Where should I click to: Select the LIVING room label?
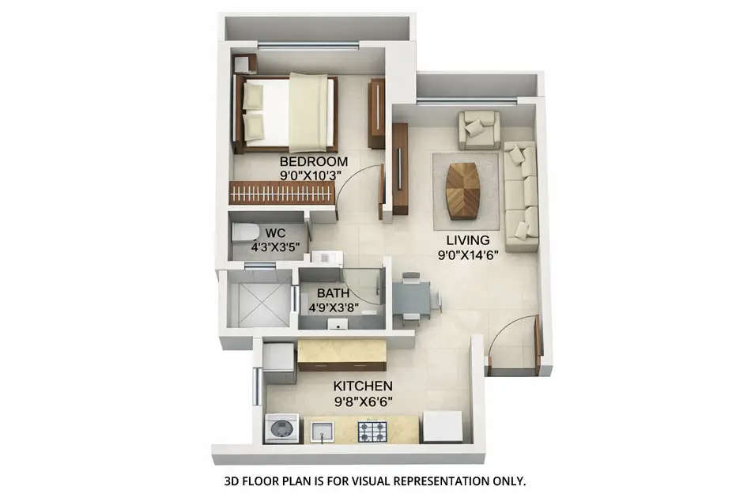point(468,239)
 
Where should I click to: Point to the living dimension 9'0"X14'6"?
point(468,255)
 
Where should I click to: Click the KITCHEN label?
point(363,387)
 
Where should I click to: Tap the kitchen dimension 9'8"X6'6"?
point(363,402)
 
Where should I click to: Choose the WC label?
point(275,232)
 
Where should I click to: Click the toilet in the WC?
point(244,232)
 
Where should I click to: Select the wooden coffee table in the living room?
point(462,190)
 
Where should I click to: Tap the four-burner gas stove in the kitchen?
point(372,432)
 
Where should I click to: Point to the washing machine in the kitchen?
point(281,428)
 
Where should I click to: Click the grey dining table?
point(410,298)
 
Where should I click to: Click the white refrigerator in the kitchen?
point(442,427)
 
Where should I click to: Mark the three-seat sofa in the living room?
point(521,196)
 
